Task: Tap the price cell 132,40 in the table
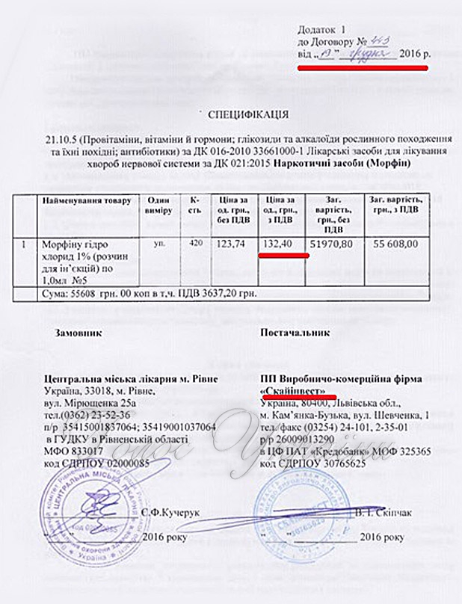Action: tap(280, 244)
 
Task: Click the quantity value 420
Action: tap(195, 243)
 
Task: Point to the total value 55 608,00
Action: tap(395, 244)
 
